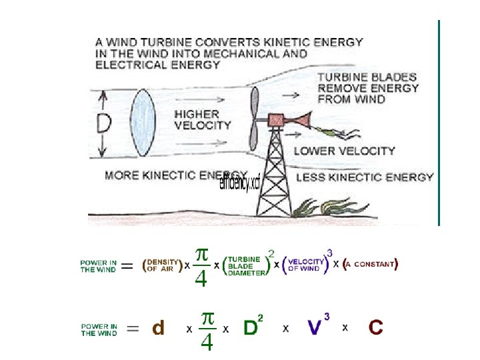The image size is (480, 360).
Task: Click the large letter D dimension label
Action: click(103, 125)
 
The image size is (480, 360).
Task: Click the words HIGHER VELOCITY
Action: click(203, 119)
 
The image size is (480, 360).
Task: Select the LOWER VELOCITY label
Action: click(345, 151)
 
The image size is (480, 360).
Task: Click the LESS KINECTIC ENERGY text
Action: click(364, 177)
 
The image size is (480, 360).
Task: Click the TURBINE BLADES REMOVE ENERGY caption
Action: click(367, 88)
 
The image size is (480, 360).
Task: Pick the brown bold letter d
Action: click(159, 328)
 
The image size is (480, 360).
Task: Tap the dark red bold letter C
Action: click(376, 327)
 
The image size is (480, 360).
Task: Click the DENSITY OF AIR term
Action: click(161, 265)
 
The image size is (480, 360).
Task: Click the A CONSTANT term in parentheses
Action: click(371, 264)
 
